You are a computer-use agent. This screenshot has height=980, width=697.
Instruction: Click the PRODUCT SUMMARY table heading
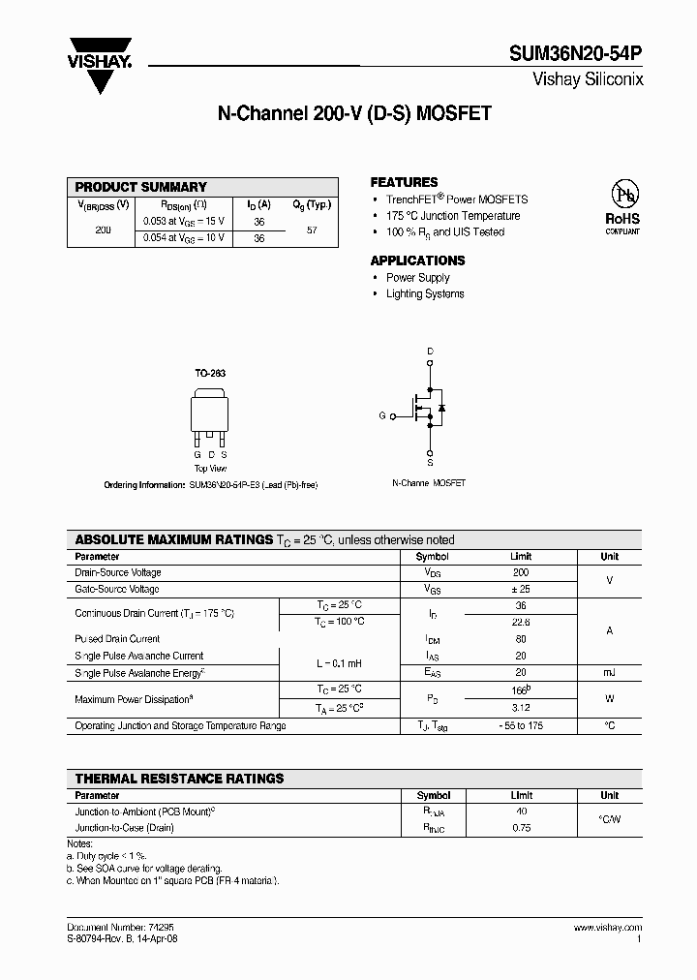coord(141,187)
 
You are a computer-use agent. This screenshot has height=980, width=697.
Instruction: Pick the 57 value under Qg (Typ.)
coord(312,230)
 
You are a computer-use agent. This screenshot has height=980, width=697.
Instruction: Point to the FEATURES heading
coord(404,182)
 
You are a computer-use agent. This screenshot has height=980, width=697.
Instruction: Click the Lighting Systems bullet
coord(425,293)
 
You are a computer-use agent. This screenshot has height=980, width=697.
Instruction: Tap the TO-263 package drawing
coord(210,413)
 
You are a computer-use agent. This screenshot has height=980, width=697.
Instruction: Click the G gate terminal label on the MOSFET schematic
coord(381,415)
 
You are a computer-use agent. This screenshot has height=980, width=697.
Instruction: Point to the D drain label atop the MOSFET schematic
coord(430,351)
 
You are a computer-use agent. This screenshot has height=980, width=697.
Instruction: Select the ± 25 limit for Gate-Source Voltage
coord(521,589)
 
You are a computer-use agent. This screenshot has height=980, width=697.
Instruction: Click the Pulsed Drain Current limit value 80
coord(521,639)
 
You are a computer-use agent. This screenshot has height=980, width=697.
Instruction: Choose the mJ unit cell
coord(609,672)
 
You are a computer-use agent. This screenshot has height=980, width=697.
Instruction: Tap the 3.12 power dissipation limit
coord(521,707)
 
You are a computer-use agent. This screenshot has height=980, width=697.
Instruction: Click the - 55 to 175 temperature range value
coord(521,725)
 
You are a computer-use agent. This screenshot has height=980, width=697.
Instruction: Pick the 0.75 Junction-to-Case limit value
coord(521,828)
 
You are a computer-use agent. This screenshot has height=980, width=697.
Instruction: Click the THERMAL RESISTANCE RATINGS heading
coord(180,779)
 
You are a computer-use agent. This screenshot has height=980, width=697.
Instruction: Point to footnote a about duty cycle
coord(107,856)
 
